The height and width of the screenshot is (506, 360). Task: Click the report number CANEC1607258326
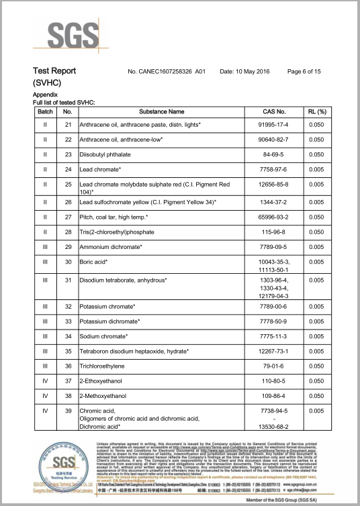tap(165, 71)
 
